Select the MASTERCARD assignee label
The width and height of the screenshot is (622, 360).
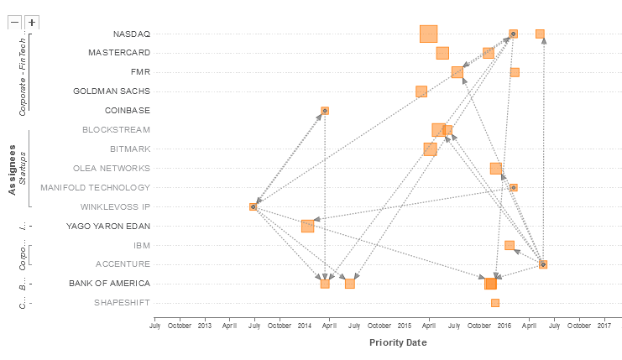(x=119, y=53)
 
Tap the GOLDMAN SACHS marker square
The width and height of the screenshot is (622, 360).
(x=421, y=91)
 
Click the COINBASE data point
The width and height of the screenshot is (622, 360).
(x=325, y=111)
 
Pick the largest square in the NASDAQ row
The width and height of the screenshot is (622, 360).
(x=429, y=34)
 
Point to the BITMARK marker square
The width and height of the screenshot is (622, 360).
(x=430, y=149)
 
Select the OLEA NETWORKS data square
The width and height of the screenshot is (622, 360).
(x=496, y=169)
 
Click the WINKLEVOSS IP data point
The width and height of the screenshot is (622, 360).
(x=253, y=206)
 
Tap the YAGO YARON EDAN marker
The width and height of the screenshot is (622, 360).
(x=307, y=226)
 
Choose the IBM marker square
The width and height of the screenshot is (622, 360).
(x=510, y=245)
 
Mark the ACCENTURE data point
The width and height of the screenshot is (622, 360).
(x=543, y=264)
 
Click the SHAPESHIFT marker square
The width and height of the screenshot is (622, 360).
(x=495, y=303)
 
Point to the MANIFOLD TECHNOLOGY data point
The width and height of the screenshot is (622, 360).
(x=513, y=188)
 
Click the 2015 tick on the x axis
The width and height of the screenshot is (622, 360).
(x=404, y=324)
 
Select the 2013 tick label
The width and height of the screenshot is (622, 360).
(x=204, y=324)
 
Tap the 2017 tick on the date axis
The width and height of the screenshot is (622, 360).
(x=604, y=324)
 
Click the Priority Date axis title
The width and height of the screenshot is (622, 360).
(x=398, y=342)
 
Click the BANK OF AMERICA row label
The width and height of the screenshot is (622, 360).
(x=109, y=284)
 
